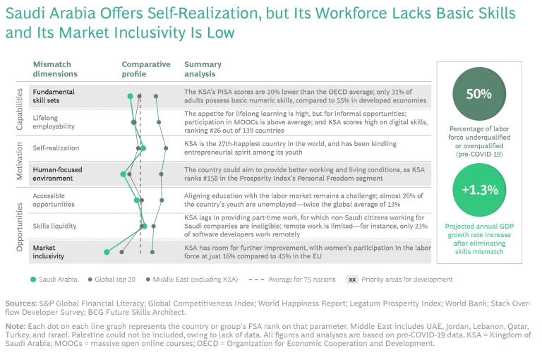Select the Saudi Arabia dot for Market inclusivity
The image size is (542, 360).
pyautogui.click(x=107, y=251)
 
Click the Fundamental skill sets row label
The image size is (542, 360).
pyautogui.click(x=54, y=96)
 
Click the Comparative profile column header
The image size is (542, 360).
pyautogui.click(x=145, y=68)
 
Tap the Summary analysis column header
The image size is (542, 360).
pyautogui.click(x=200, y=68)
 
